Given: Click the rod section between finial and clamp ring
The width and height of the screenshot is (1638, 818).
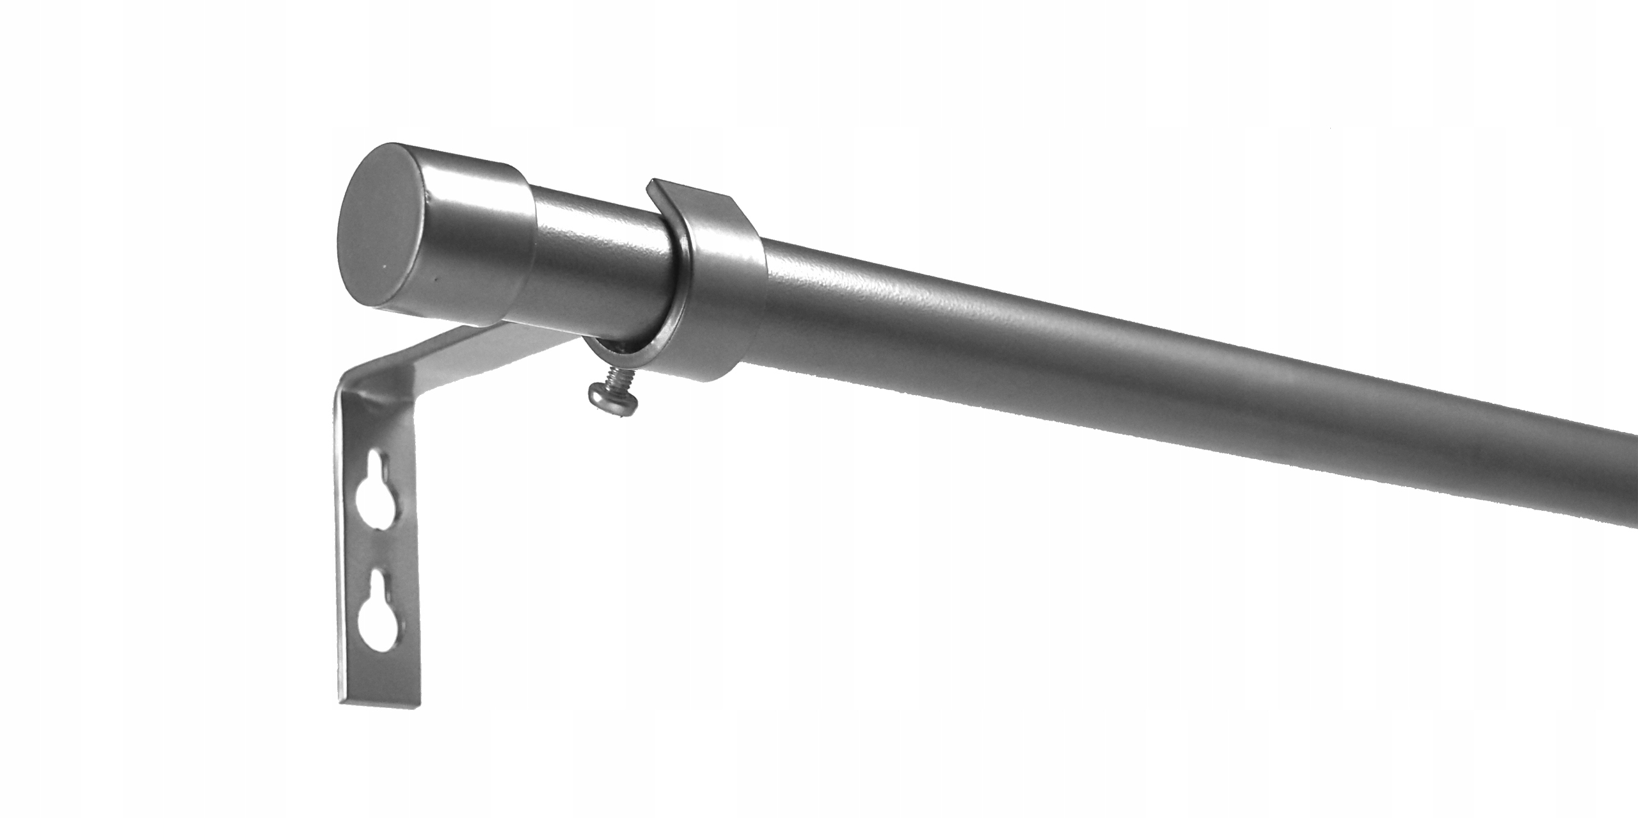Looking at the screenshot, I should click(601, 262).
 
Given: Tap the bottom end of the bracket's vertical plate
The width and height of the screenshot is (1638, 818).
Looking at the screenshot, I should click(381, 694).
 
